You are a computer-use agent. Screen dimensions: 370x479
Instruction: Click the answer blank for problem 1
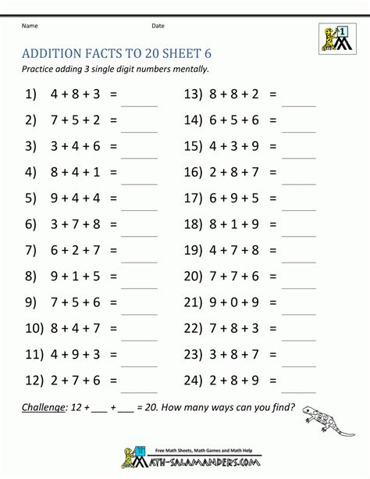coord(139,103)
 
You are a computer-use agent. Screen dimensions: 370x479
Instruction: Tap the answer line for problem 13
coord(297,103)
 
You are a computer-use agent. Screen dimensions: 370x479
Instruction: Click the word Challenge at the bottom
coord(43,406)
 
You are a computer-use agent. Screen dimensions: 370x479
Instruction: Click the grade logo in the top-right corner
coord(333,38)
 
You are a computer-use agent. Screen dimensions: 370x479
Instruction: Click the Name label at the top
coord(30,26)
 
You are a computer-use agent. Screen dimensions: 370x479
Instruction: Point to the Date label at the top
coord(158,26)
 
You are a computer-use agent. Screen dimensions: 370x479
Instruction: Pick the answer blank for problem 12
coord(139,388)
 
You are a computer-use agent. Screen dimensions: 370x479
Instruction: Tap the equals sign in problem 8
coord(114,275)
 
